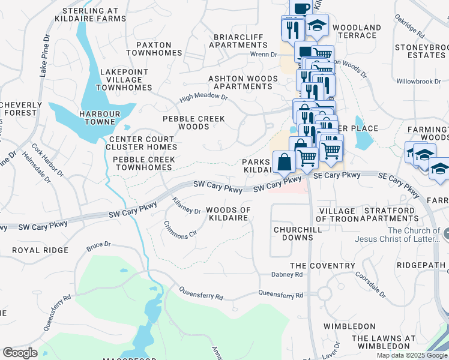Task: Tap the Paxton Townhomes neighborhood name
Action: [154, 49]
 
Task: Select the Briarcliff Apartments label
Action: [238, 41]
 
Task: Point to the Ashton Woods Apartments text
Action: [244, 82]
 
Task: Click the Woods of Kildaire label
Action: [228, 214]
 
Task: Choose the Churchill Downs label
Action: [293, 233]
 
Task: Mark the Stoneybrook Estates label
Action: [420, 50]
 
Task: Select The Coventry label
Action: [322, 265]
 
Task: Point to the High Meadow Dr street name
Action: [204, 97]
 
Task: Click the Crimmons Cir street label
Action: [180, 230]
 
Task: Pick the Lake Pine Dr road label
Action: [43, 55]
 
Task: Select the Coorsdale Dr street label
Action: [370, 282]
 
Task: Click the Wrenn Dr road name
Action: [264, 55]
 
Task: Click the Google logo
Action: [20, 353]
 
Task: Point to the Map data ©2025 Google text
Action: [411, 355]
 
